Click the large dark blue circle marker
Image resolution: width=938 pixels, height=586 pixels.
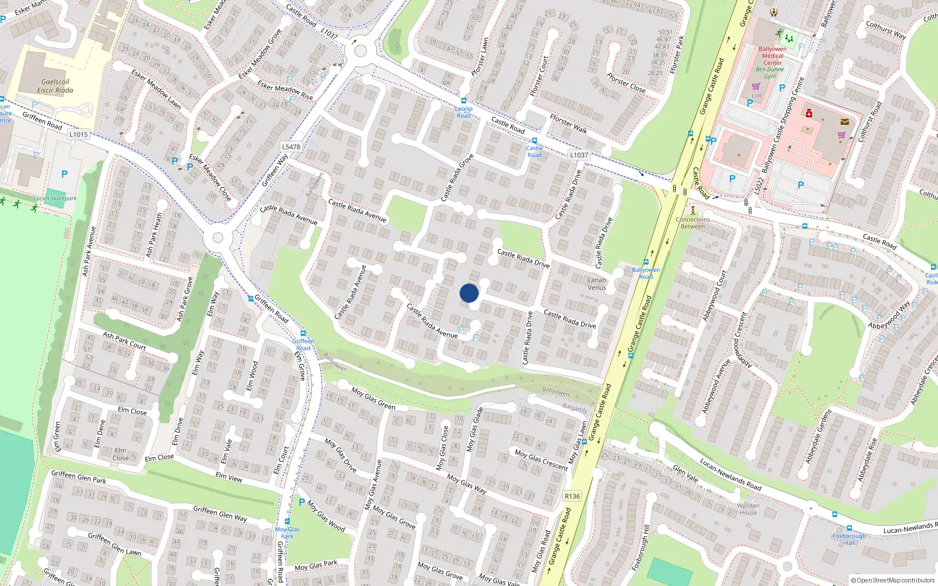469,293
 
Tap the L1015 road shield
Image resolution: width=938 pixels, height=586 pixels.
78,134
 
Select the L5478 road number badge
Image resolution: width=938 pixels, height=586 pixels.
291,147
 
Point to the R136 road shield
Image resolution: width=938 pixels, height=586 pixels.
572,496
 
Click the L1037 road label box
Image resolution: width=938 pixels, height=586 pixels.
579,155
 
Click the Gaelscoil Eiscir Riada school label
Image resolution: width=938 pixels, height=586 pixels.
55,86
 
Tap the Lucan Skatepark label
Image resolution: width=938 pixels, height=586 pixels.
55,198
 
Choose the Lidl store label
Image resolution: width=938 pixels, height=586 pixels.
756,96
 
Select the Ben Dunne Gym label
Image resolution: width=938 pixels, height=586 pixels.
770,73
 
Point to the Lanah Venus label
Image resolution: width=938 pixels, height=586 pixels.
597,284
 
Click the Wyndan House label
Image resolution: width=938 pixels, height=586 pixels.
748,509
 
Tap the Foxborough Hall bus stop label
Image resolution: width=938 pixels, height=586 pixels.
849,539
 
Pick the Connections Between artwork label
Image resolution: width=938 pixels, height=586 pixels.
692,223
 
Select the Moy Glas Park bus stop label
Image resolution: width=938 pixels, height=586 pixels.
287,533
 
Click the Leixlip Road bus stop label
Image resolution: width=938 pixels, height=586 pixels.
464,112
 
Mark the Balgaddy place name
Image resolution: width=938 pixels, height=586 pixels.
575,408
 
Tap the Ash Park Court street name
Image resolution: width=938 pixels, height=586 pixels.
124,341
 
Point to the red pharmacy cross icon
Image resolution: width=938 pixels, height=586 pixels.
809,113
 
